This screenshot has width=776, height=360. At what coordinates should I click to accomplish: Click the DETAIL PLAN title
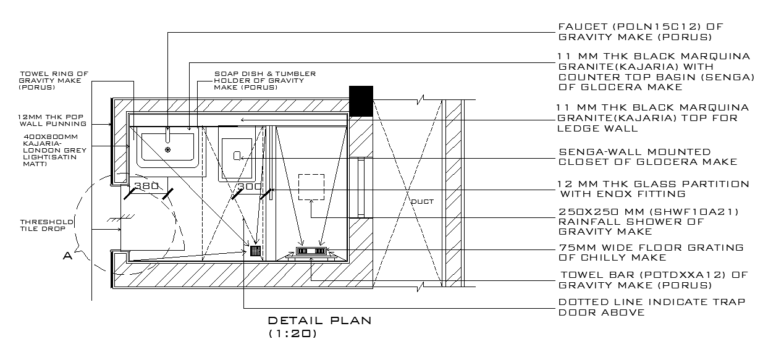pyautogui.click(x=319, y=320)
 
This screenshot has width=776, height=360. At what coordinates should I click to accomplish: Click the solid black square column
pyautogui.click(x=361, y=101)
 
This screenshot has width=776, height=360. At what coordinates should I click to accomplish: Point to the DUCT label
pyautogui.click(x=423, y=201)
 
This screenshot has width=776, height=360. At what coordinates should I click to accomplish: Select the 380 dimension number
pyautogui.click(x=147, y=186)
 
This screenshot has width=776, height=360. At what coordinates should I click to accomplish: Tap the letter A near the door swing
pyautogui.click(x=68, y=254)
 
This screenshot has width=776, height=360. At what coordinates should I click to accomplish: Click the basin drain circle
pyautogui.click(x=167, y=149)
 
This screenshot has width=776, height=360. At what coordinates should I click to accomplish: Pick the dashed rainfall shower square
pyautogui.click(x=311, y=186)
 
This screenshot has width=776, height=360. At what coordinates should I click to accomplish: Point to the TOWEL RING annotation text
pyautogui.click(x=53, y=80)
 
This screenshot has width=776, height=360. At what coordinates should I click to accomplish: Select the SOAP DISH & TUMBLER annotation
pyautogui.click(x=264, y=80)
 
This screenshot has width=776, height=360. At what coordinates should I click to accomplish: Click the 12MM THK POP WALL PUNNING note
pyautogui.click(x=52, y=120)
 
